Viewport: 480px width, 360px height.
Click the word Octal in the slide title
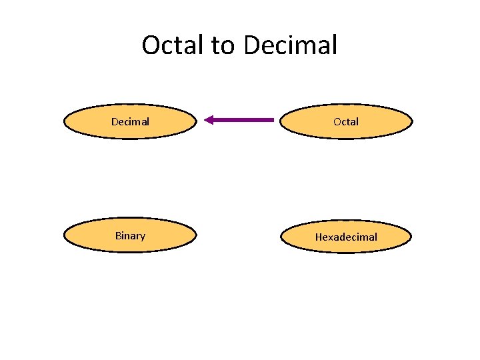pos(174,45)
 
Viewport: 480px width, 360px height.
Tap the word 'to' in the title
pos(224,45)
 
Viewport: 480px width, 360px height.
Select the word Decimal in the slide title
pos(290,45)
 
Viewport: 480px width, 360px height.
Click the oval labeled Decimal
pos(130,121)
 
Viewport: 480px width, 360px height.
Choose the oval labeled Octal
pos(346,121)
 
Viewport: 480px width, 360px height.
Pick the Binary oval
pos(130,235)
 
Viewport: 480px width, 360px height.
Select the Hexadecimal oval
pos(346,237)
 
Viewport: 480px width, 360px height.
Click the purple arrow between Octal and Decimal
pos(240,120)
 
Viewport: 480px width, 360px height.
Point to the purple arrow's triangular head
pos(209,120)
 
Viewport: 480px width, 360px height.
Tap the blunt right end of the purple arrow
pos(273,120)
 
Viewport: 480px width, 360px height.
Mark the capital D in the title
pos(253,45)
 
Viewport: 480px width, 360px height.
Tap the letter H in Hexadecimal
pos(318,237)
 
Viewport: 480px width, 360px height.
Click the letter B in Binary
pos(118,235)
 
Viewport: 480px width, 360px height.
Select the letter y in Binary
pos(143,237)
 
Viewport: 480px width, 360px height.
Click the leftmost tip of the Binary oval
pos(64,235)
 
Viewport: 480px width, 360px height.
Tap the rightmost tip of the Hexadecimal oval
pos(411,237)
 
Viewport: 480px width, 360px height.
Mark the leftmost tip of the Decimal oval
pos(64,121)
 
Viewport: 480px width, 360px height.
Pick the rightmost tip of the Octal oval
pos(412,121)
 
